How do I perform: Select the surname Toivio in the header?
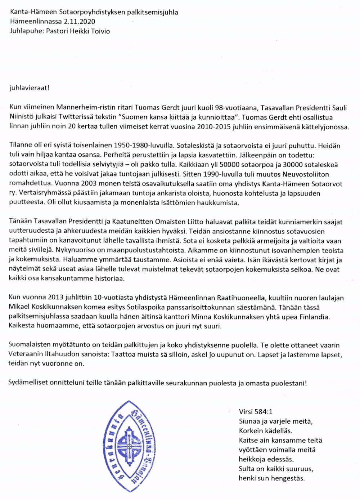point(98,31)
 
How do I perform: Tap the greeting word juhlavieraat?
point(30,88)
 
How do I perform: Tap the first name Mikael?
point(19,307)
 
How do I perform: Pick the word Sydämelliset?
point(28,383)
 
